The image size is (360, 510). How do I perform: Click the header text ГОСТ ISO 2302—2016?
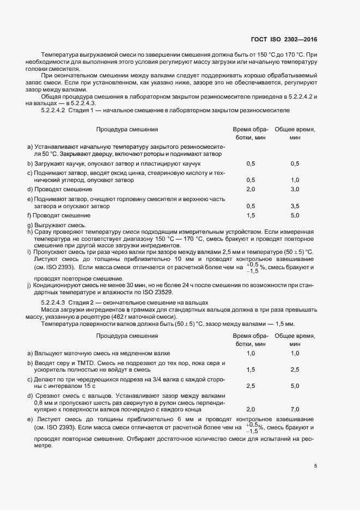tap(283, 39)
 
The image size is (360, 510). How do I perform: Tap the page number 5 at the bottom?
tap(315, 465)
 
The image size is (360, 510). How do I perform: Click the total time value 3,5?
tap(295, 207)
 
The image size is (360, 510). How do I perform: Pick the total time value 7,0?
tap(295, 409)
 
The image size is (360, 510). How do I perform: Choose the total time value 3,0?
tap(295, 189)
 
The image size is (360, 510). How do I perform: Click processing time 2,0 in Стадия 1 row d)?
tap(251, 189)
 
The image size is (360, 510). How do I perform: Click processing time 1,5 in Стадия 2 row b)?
tap(251, 369)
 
